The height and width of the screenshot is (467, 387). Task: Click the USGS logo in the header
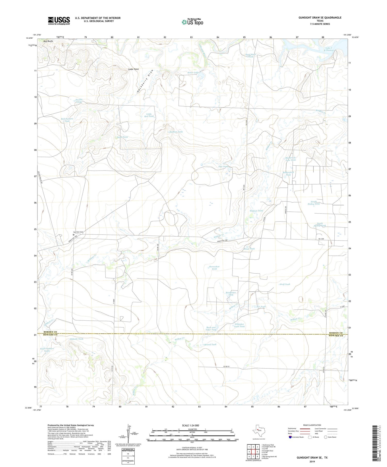59,21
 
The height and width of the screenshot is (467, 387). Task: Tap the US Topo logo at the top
192,22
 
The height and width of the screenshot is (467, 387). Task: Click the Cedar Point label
133,69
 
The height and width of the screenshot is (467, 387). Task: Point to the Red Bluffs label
48,41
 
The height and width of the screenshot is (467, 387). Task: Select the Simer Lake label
193,73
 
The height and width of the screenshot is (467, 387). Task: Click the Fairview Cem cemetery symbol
73,235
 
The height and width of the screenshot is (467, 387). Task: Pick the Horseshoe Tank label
214,268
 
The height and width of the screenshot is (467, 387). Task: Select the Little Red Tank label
149,115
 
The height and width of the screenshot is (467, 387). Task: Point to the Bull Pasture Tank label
67,120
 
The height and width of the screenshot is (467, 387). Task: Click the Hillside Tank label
77,339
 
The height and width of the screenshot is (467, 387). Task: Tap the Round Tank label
210,344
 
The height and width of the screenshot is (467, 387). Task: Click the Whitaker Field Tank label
240,325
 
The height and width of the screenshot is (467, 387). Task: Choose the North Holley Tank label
313,203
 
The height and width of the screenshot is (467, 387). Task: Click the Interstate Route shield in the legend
290,437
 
